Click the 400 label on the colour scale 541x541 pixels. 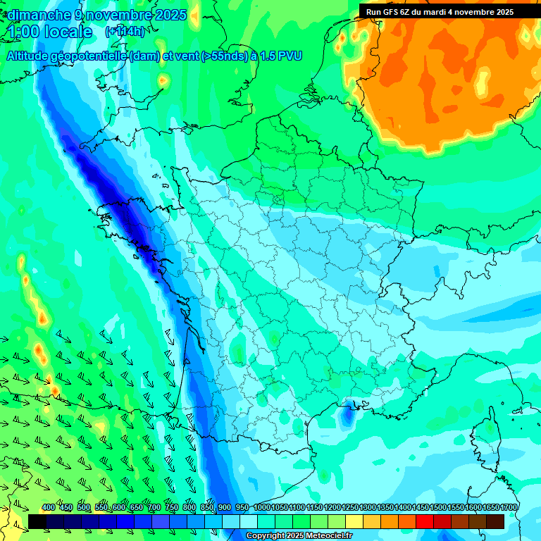click(49, 507)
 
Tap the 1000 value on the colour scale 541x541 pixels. click(262, 507)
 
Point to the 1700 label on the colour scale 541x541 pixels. click(509, 507)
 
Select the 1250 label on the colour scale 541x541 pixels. click(350, 507)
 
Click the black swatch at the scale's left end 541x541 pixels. click(37, 521)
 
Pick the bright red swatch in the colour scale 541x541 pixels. click(425, 521)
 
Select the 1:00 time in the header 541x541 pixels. click(23, 32)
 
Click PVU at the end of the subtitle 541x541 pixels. click(290, 56)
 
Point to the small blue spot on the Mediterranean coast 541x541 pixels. click(347, 416)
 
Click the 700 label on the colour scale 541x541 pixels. click(154, 507)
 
